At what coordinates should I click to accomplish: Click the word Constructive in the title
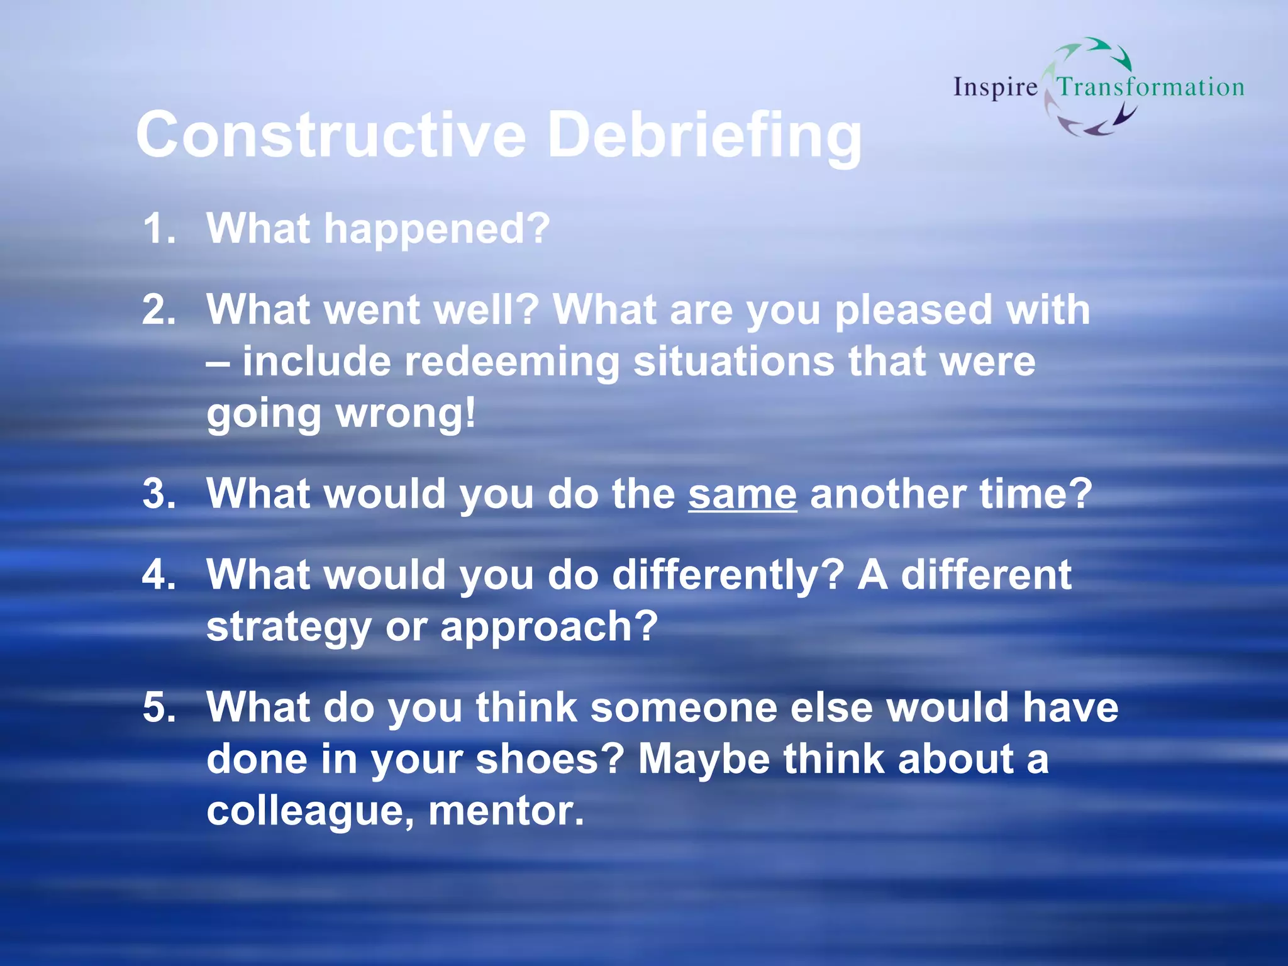(x=331, y=135)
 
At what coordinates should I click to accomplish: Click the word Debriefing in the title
(x=704, y=136)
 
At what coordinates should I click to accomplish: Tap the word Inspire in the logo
(x=995, y=87)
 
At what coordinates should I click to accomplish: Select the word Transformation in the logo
(x=1150, y=87)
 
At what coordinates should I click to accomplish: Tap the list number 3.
(x=158, y=494)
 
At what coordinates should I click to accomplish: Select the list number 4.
(x=158, y=575)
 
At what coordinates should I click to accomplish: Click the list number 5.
(x=158, y=707)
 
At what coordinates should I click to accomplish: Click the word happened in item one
(x=436, y=229)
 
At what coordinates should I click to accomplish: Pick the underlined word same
(x=742, y=494)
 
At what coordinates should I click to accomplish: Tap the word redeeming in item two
(x=511, y=362)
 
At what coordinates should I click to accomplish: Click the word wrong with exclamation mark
(x=406, y=414)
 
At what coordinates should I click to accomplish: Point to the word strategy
(x=289, y=628)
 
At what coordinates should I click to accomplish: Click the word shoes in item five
(x=549, y=759)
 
